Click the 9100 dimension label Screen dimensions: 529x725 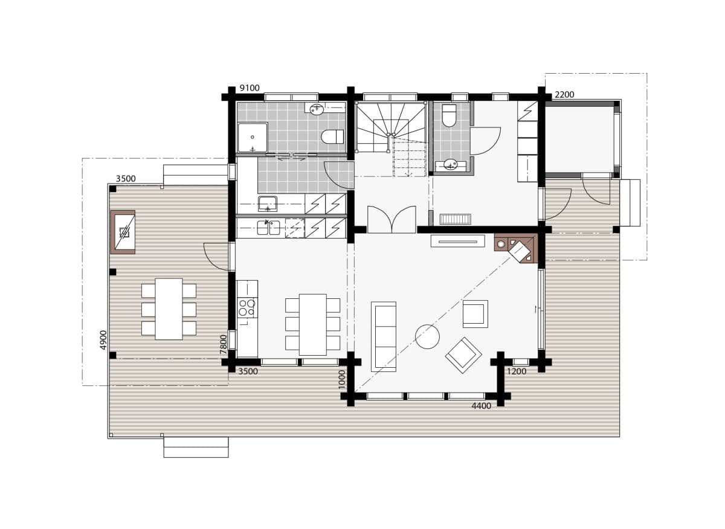[250, 88]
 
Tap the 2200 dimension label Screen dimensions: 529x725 [564, 94]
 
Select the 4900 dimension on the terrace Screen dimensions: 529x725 [103, 339]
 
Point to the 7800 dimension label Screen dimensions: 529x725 [224, 342]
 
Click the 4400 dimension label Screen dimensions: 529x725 [481, 406]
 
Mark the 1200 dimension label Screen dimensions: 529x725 [517, 371]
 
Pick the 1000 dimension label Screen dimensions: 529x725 [342, 379]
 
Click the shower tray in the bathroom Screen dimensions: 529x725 [252, 138]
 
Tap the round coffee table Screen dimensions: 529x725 [427, 336]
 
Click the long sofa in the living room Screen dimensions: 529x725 [384, 335]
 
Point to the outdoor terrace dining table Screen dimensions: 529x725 [169, 309]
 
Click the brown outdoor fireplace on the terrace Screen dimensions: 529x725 [123, 231]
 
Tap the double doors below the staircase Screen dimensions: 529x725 [391, 220]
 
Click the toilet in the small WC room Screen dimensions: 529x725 [449, 115]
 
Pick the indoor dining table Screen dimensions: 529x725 [312, 324]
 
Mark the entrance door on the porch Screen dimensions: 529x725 [595, 190]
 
